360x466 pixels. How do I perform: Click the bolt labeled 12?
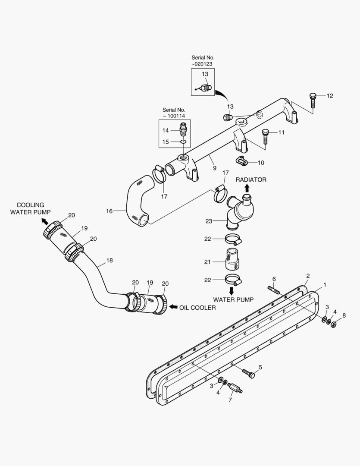[x=313, y=100]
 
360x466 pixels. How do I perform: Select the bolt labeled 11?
[x=266, y=136]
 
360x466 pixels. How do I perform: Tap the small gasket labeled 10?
[x=242, y=161]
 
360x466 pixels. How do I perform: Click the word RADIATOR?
[x=250, y=179]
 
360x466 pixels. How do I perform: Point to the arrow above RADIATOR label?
[x=247, y=188]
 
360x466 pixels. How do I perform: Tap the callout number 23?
[x=209, y=221]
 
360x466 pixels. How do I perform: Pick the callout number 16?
[x=110, y=211]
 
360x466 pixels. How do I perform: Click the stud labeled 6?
[x=274, y=290]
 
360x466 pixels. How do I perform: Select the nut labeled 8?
[x=333, y=324]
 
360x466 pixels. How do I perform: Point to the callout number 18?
[x=110, y=261]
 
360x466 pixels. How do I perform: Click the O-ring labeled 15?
[x=183, y=141]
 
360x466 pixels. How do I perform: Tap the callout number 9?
[x=214, y=168]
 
